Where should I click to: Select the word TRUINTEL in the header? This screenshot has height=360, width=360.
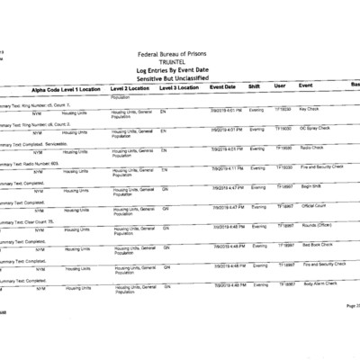180,64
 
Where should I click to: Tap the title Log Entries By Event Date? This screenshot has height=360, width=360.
180,72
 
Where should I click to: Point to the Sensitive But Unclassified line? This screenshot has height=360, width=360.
180,80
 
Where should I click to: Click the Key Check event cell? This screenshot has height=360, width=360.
310,109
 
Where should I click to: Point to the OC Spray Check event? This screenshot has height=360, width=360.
314,128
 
